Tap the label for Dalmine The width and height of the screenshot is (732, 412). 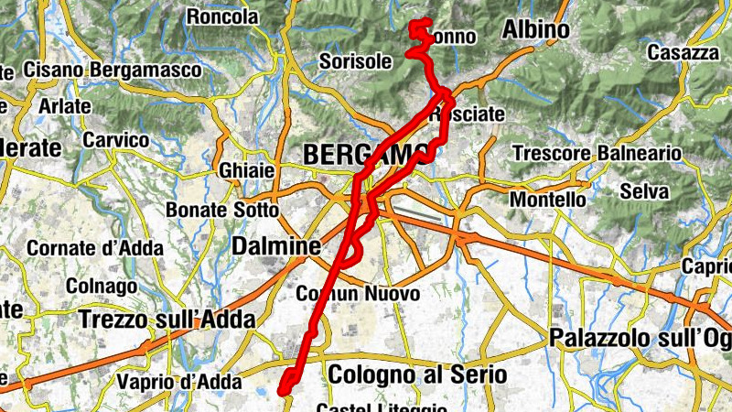point(275,246)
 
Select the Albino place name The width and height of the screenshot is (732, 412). point(535,30)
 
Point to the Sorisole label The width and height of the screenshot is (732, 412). point(356,61)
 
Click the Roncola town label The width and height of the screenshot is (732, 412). point(221,16)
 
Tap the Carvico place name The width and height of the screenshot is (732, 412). point(115,140)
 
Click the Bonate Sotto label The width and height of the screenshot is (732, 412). point(221,210)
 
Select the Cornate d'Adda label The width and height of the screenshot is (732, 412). point(95,247)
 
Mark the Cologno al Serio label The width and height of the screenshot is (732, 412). point(417,374)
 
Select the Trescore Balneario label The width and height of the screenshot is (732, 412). point(596,154)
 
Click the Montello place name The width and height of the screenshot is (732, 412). point(547,199)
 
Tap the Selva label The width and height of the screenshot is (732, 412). point(644,191)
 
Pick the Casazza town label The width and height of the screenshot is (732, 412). point(683,53)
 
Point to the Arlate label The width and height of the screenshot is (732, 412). point(64,105)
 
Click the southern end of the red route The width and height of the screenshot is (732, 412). point(284,392)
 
